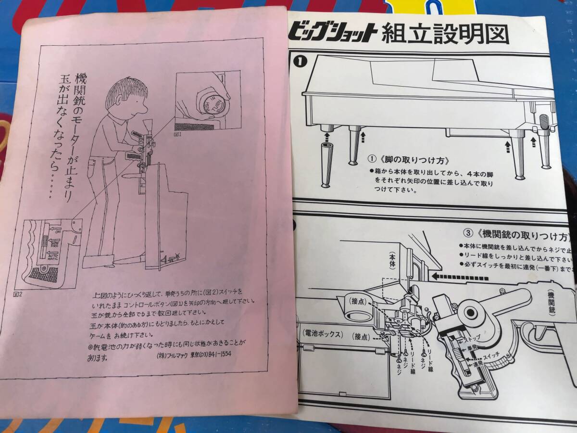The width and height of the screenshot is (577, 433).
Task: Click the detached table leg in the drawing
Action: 326,164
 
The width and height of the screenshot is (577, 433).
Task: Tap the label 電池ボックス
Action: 323,333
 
